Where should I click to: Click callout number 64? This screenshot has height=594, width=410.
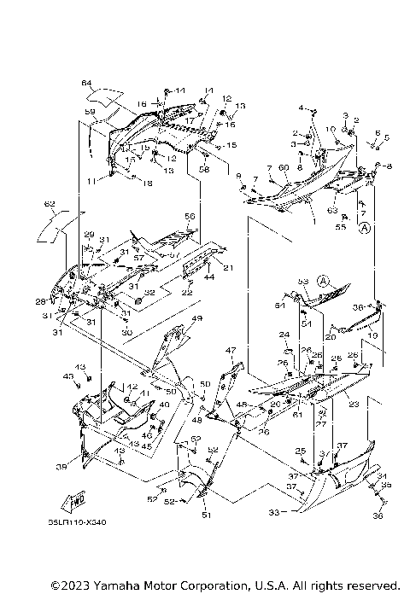[85, 83]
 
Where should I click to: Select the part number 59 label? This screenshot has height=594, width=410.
[89, 111]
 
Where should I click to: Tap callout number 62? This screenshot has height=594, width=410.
[50, 204]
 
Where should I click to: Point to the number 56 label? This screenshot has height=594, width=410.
[190, 216]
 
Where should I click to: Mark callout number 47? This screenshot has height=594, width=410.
[230, 351]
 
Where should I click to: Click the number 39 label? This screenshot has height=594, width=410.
[61, 467]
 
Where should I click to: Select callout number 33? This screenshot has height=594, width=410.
[273, 513]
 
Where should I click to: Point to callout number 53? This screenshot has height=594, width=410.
[302, 281]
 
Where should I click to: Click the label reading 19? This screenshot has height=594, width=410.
[372, 336]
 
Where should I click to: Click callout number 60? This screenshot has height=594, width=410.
[283, 168]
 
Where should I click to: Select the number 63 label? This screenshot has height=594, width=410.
[332, 209]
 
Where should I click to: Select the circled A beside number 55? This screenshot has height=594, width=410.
[365, 229]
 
